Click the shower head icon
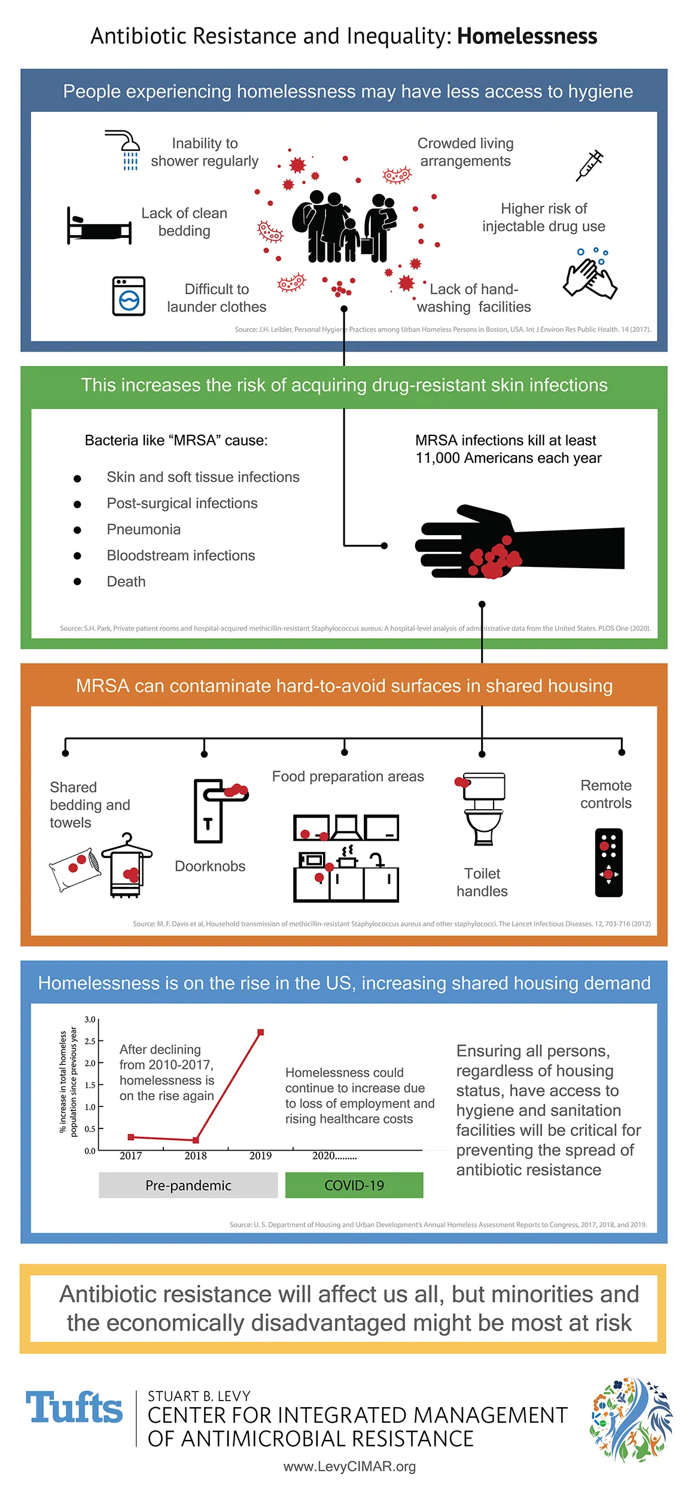click(x=124, y=149)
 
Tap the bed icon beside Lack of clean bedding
click(x=99, y=226)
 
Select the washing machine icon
click(x=129, y=296)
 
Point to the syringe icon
click(x=589, y=166)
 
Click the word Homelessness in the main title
click(x=526, y=36)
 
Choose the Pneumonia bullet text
click(x=144, y=529)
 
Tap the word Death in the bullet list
click(x=126, y=581)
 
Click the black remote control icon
click(x=608, y=862)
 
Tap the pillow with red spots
click(x=75, y=869)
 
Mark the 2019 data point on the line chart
click(x=261, y=1033)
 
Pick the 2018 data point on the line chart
click(x=196, y=1140)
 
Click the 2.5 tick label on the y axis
click(x=90, y=1041)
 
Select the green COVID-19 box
click(x=354, y=1185)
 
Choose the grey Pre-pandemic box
click(x=188, y=1185)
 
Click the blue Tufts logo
click(x=74, y=1408)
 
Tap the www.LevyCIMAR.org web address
click(x=349, y=1466)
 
